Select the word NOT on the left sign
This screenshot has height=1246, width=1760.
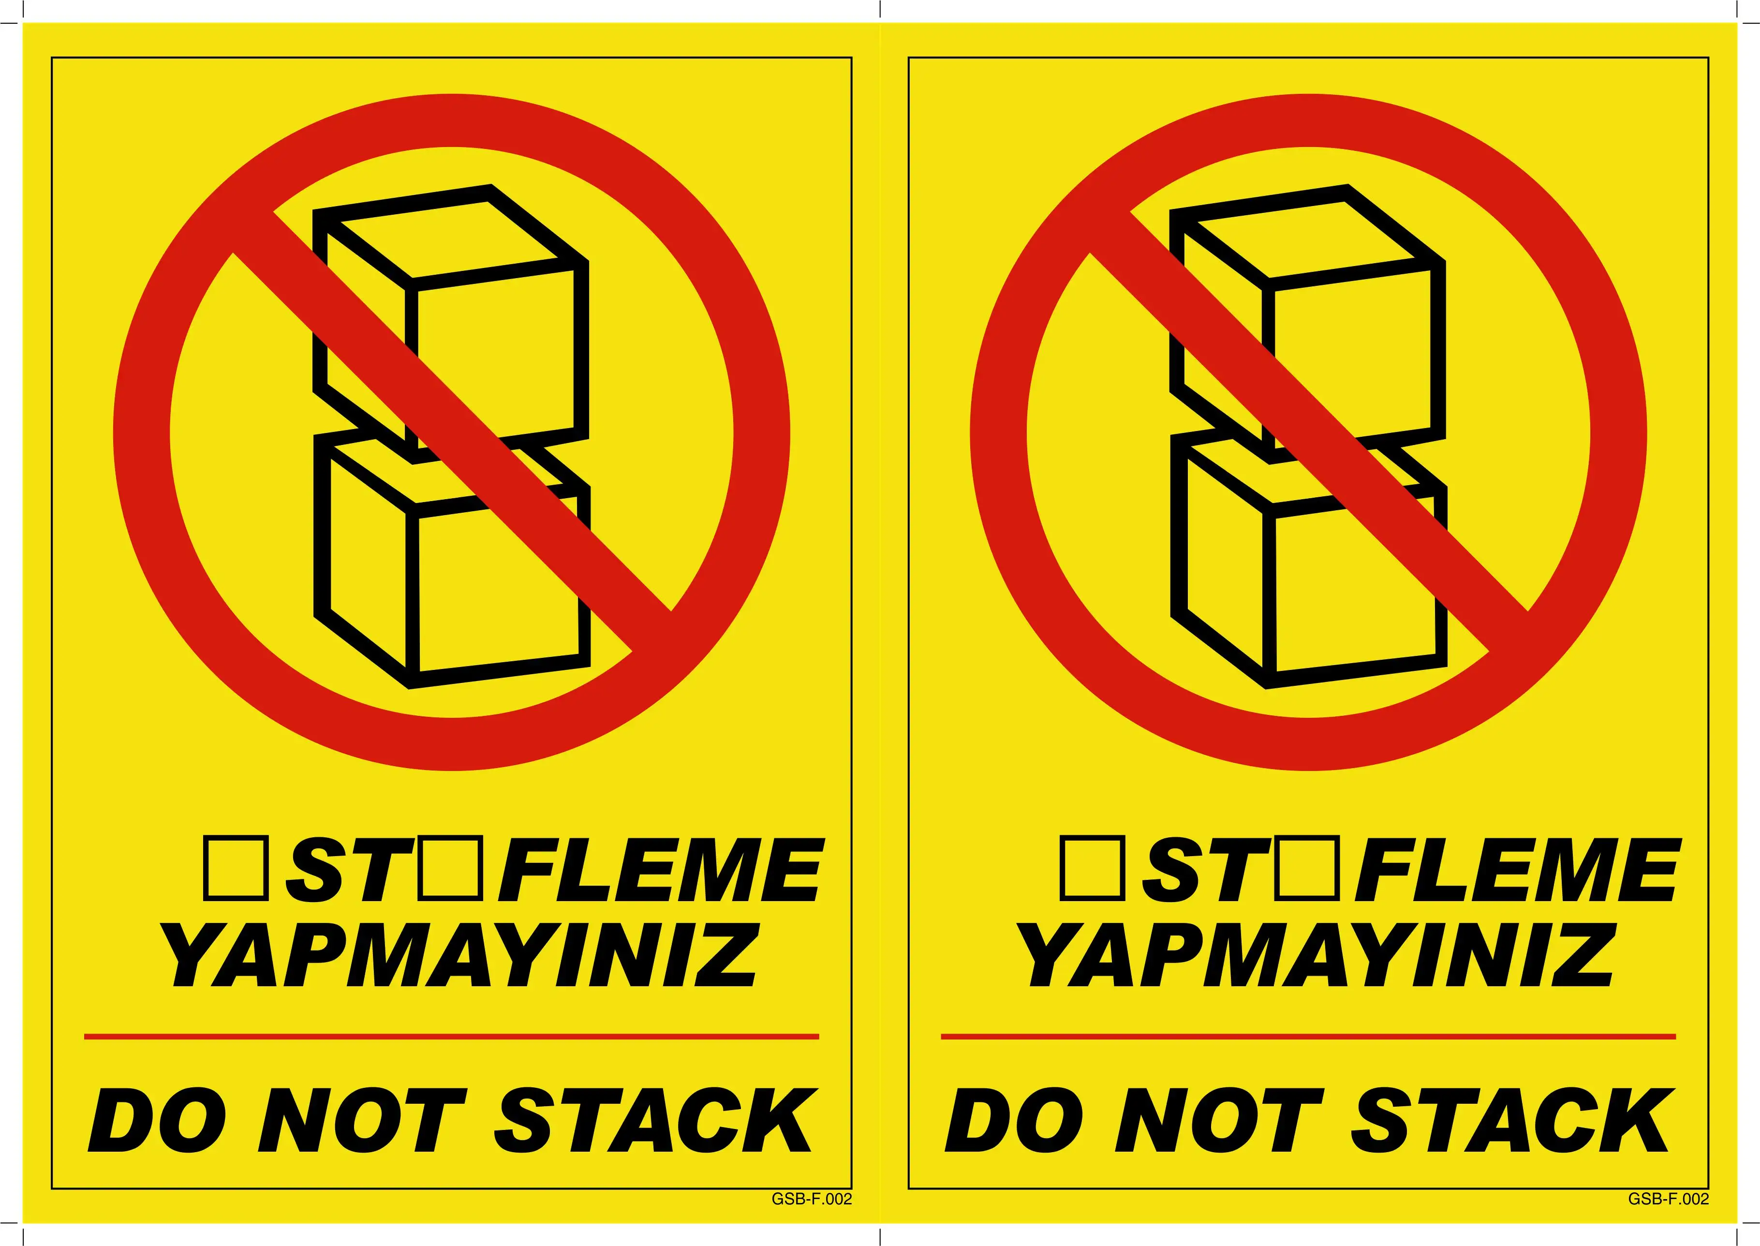click(x=361, y=1120)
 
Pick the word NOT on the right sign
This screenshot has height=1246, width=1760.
click(x=1218, y=1120)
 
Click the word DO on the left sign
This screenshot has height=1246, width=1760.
click(x=157, y=1120)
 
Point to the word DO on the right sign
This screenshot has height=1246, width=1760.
click(x=1014, y=1120)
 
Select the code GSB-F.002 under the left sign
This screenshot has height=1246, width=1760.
click(x=812, y=1199)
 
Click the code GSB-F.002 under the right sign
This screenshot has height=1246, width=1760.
click(x=1669, y=1199)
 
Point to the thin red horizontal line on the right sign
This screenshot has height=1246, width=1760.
click(x=1308, y=1037)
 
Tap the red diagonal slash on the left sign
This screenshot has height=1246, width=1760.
click(x=453, y=433)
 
